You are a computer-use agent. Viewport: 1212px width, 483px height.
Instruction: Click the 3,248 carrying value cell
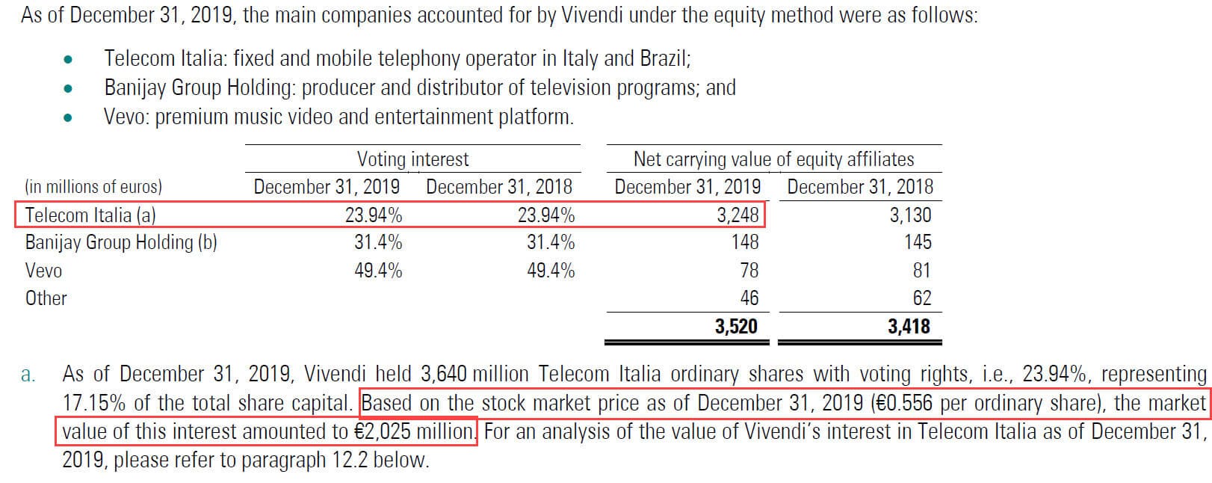point(737,215)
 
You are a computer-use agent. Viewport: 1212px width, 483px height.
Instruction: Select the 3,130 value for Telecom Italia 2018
point(909,215)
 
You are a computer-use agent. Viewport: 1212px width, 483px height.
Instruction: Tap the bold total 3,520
point(735,326)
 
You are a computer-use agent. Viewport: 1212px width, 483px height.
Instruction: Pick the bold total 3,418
point(909,326)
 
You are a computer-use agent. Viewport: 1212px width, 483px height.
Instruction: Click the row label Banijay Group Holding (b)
point(121,242)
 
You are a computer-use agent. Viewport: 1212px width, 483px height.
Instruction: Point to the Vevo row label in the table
point(43,271)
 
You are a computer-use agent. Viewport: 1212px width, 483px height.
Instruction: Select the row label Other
point(46,298)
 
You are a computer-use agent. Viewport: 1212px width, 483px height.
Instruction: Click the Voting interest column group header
point(412,159)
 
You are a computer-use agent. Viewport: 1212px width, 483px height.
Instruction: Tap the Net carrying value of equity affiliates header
point(773,159)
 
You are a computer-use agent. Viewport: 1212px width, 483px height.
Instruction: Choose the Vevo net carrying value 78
point(749,271)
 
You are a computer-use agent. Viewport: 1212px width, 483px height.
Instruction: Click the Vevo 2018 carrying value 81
point(921,271)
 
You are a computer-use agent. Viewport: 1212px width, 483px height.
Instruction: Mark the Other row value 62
point(921,298)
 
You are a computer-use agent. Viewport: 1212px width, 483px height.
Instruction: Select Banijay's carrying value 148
point(744,242)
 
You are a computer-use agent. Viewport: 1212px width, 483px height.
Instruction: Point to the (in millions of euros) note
point(93,187)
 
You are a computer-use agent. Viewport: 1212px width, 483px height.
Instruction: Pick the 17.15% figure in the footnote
point(93,404)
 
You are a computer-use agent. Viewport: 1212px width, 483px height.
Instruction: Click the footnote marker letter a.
point(28,375)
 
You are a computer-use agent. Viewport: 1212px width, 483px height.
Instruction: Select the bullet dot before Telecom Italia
point(68,59)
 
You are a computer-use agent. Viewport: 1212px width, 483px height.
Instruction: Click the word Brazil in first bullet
point(665,58)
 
